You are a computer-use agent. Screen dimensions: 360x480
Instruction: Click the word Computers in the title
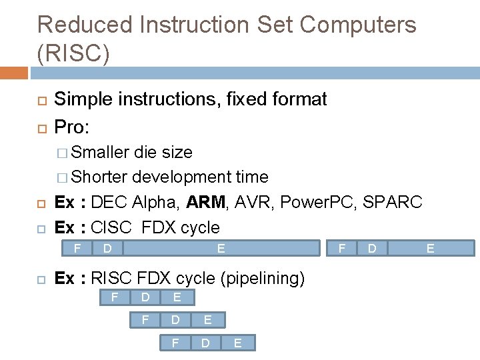[359, 25]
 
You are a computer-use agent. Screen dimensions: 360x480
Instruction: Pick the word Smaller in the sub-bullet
[100, 152]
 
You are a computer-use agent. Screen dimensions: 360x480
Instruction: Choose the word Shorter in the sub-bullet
[99, 177]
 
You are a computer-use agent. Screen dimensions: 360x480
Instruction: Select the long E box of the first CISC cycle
[221, 248]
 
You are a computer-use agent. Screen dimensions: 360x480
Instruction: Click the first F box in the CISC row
[77, 248]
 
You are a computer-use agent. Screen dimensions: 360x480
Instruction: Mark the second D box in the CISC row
[373, 248]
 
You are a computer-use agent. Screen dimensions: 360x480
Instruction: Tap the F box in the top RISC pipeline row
[115, 297]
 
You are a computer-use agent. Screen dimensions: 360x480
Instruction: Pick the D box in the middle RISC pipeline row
[175, 320]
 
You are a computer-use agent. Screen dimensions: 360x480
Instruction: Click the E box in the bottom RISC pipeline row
[237, 343]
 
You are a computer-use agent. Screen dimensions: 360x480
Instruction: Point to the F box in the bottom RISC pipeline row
[175, 343]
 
